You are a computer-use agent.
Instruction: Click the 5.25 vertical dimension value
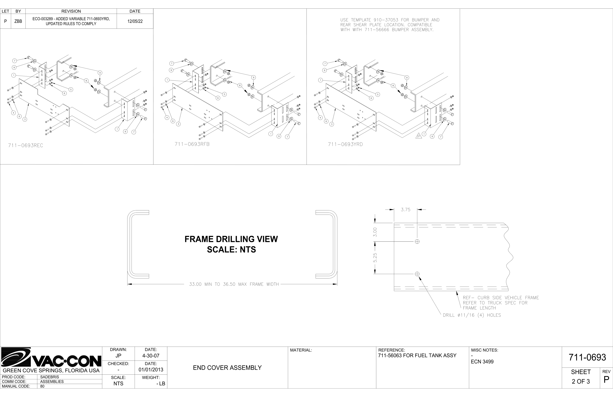[x=375, y=258]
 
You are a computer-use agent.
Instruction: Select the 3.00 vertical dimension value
[x=375, y=232]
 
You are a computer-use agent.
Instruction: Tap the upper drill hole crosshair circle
[x=417, y=242]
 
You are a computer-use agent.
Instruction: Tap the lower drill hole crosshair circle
[x=417, y=274]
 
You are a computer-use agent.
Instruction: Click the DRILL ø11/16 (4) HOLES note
[x=472, y=315]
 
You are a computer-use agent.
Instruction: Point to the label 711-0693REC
[x=25, y=145]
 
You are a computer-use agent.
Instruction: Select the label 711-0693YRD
[x=345, y=144]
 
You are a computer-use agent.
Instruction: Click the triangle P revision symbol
[x=418, y=136]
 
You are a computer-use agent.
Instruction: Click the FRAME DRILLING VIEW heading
[x=231, y=239]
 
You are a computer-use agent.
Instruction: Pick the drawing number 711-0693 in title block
[x=587, y=357]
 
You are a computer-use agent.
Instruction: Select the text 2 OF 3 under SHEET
[x=581, y=381]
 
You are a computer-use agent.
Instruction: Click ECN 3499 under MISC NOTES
[x=482, y=362]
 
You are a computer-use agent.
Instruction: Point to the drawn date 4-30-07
[x=151, y=356]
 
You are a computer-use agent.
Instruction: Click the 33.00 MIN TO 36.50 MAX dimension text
[x=234, y=284]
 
